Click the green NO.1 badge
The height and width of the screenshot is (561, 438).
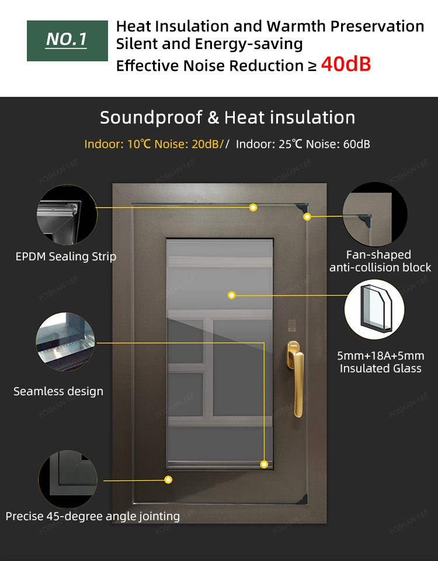point(67,40)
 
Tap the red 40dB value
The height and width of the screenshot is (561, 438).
point(346,64)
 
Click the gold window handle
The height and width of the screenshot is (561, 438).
point(296,379)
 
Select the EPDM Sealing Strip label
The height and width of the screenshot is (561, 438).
point(66,256)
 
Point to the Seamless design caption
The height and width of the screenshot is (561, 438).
point(58,391)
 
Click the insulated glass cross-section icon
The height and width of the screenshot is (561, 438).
point(374,309)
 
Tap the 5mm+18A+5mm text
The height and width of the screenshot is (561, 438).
point(381,356)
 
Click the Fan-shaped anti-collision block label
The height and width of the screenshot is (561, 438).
point(380,261)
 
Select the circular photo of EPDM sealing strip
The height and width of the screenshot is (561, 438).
point(67,215)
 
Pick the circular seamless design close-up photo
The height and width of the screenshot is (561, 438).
point(65,342)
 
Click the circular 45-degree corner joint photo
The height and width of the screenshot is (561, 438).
point(68,479)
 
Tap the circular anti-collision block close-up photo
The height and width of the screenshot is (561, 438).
point(375,214)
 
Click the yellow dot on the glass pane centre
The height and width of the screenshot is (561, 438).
point(231,295)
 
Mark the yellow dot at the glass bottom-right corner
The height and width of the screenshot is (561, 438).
point(264,464)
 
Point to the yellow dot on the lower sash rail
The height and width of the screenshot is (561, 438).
point(168,480)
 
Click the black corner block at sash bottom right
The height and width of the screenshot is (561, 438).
point(303,499)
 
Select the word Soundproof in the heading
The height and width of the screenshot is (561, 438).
point(151,117)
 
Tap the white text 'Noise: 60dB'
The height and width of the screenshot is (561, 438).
point(338,144)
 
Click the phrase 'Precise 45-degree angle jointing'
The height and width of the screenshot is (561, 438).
point(93,516)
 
